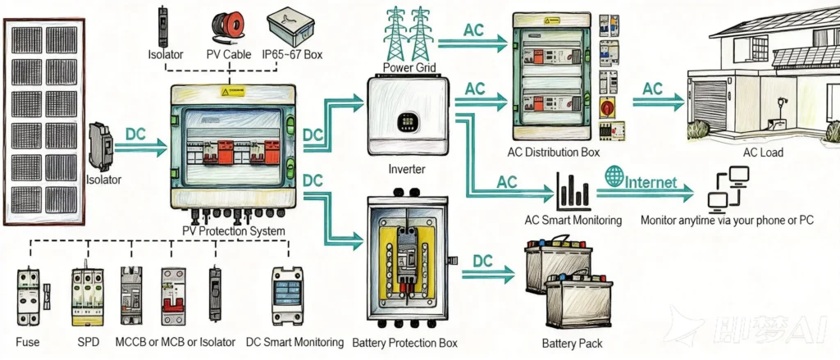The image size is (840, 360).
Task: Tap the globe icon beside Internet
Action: point(614,175)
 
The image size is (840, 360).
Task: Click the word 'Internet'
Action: point(652,180)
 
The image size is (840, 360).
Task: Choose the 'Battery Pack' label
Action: point(568,343)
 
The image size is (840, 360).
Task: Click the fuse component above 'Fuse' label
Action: point(30,294)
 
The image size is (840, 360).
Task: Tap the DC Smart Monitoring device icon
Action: point(292,294)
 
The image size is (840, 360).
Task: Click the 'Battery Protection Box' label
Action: point(404,343)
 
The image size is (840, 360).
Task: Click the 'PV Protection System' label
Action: point(233,231)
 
